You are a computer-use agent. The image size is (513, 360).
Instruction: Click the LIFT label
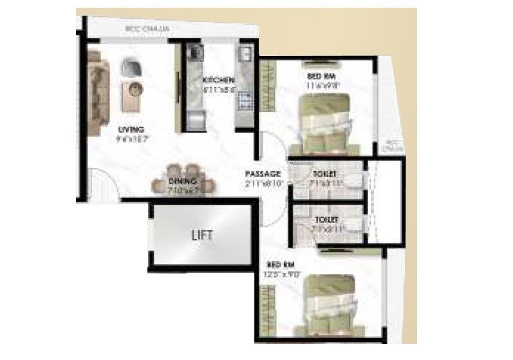[201, 234]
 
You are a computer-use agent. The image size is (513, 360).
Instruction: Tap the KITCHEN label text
[218, 79]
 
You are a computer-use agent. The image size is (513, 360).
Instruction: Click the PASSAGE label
[263, 174]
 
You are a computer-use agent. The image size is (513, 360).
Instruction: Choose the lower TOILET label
[327, 219]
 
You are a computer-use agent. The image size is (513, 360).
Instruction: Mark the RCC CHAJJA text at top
[145, 29]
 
